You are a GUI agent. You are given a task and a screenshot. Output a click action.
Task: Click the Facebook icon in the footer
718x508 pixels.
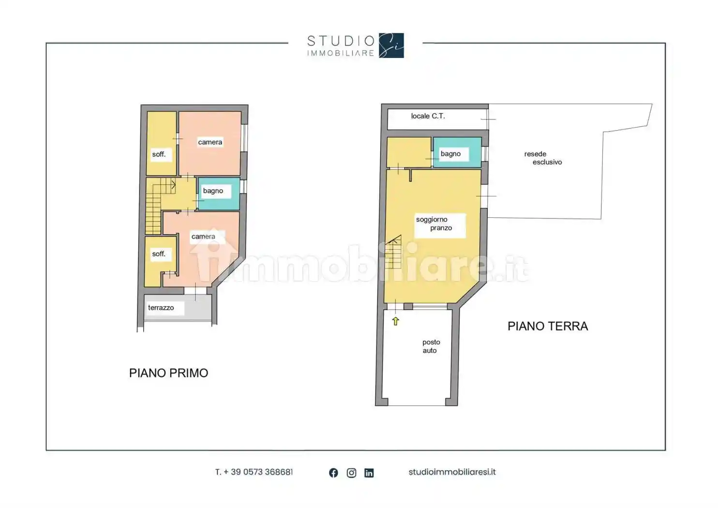pyautogui.click(x=333, y=473)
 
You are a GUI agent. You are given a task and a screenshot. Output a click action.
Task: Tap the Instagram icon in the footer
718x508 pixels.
pyautogui.click(x=351, y=473)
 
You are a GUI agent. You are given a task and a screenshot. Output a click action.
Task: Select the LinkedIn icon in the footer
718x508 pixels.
pyautogui.click(x=369, y=473)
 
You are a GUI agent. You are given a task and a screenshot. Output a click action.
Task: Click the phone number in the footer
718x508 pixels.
pyautogui.click(x=254, y=472)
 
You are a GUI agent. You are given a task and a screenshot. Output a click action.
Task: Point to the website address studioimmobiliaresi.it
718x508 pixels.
pyautogui.click(x=452, y=472)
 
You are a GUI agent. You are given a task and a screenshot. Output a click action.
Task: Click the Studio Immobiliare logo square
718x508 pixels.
pyautogui.click(x=391, y=45)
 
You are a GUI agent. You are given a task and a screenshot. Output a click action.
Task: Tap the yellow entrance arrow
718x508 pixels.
pyautogui.click(x=395, y=321)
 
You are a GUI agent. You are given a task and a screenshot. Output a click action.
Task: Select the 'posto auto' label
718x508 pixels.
pyautogui.click(x=430, y=346)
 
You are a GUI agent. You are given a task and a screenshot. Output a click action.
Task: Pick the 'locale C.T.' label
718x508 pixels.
pyautogui.click(x=428, y=116)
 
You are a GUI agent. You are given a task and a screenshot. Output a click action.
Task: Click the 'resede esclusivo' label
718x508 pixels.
pyautogui.click(x=542, y=158)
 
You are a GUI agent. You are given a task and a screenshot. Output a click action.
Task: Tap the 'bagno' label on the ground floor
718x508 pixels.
pyautogui.click(x=450, y=154)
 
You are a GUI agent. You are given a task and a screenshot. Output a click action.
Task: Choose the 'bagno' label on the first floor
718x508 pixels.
pyautogui.click(x=213, y=191)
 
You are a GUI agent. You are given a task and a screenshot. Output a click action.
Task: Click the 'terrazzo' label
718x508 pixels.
pyautogui.click(x=161, y=308)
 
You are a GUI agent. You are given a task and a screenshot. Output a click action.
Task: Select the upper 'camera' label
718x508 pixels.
pyautogui.click(x=210, y=142)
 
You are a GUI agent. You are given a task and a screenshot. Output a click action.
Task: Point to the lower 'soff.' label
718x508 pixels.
pyautogui.click(x=159, y=254)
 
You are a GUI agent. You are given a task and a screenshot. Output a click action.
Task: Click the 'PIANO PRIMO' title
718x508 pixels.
pyautogui.click(x=168, y=373)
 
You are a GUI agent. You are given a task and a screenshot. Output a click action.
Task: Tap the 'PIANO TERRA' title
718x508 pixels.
pyautogui.click(x=547, y=327)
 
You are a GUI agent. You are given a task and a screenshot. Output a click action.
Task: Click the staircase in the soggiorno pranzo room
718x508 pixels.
pyautogui.click(x=394, y=253)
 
